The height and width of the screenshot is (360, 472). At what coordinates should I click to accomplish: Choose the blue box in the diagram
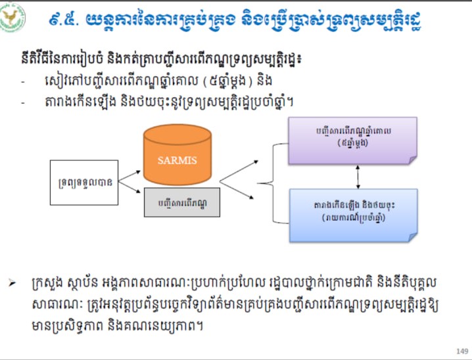pyautogui.click(x=352, y=211)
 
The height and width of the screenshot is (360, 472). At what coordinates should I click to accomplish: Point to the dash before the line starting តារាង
pyautogui.click(x=24, y=102)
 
